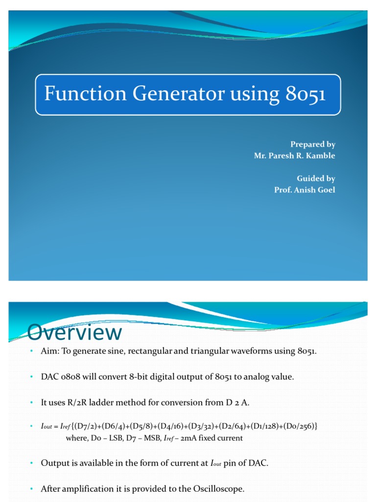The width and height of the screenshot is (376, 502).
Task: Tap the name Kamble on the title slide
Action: point(321,156)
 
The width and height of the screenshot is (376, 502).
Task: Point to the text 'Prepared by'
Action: point(312,144)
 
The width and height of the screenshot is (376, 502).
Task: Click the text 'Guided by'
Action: point(316,178)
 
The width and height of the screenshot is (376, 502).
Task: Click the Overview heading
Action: point(74,333)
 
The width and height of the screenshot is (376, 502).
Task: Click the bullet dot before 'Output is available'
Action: point(30,463)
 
